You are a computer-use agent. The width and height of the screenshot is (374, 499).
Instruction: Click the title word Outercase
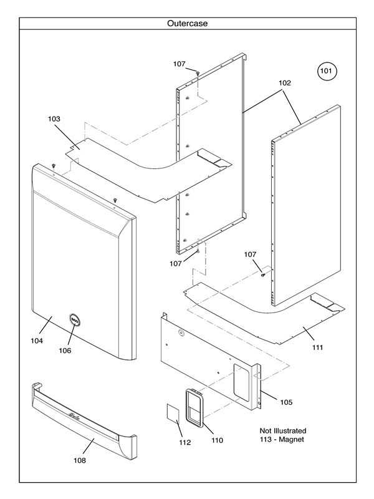(x=187, y=24)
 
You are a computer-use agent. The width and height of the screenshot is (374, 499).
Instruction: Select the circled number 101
(x=327, y=72)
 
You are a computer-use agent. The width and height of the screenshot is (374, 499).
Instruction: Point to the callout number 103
(x=55, y=118)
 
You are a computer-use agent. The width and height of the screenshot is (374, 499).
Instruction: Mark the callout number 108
(x=79, y=460)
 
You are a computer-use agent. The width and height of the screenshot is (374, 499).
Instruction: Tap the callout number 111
(x=317, y=347)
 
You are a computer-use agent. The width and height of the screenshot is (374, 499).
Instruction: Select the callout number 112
(x=185, y=443)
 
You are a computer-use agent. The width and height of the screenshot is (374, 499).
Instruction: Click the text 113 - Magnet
(x=283, y=440)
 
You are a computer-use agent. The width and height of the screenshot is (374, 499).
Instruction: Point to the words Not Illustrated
(x=283, y=430)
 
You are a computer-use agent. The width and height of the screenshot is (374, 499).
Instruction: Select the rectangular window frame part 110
(x=195, y=409)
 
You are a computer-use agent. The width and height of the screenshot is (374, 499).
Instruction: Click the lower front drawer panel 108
(x=84, y=421)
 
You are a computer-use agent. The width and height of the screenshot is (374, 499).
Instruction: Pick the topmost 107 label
(x=180, y=64)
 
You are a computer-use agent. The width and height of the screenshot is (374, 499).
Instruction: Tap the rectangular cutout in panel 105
(x=241, y=380)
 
